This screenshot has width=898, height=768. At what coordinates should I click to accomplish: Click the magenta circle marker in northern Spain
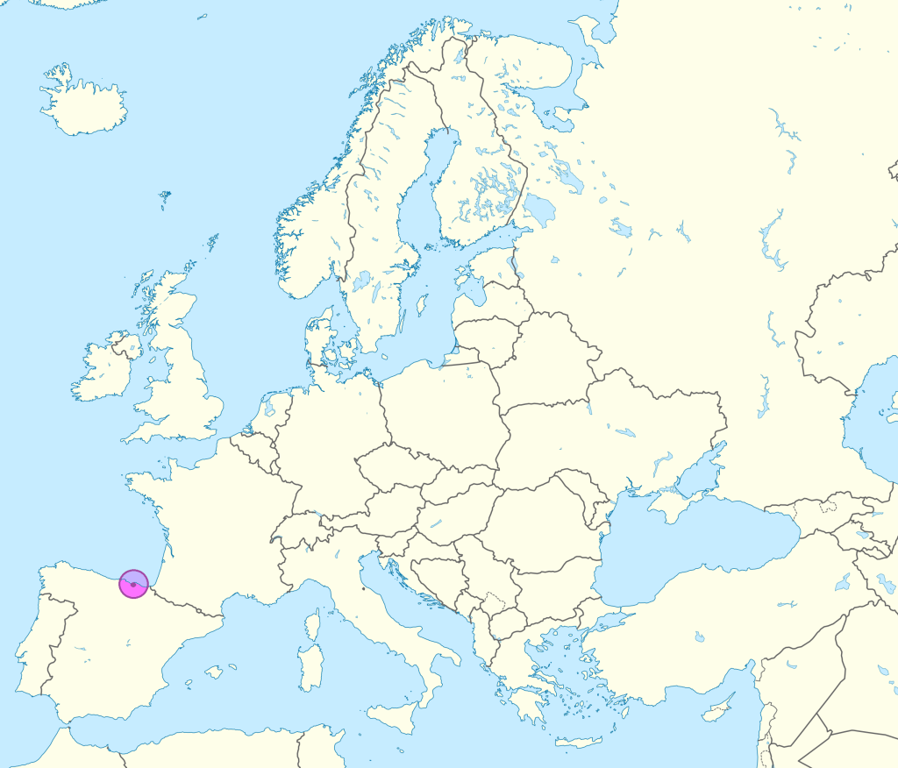[133, 584]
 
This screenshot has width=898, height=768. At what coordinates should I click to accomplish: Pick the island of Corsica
[313, 625]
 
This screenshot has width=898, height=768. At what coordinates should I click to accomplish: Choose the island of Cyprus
[719, 713]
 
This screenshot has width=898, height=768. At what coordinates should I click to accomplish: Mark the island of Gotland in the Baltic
[423, 304]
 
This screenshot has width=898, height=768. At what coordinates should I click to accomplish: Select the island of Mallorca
[214, 672]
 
